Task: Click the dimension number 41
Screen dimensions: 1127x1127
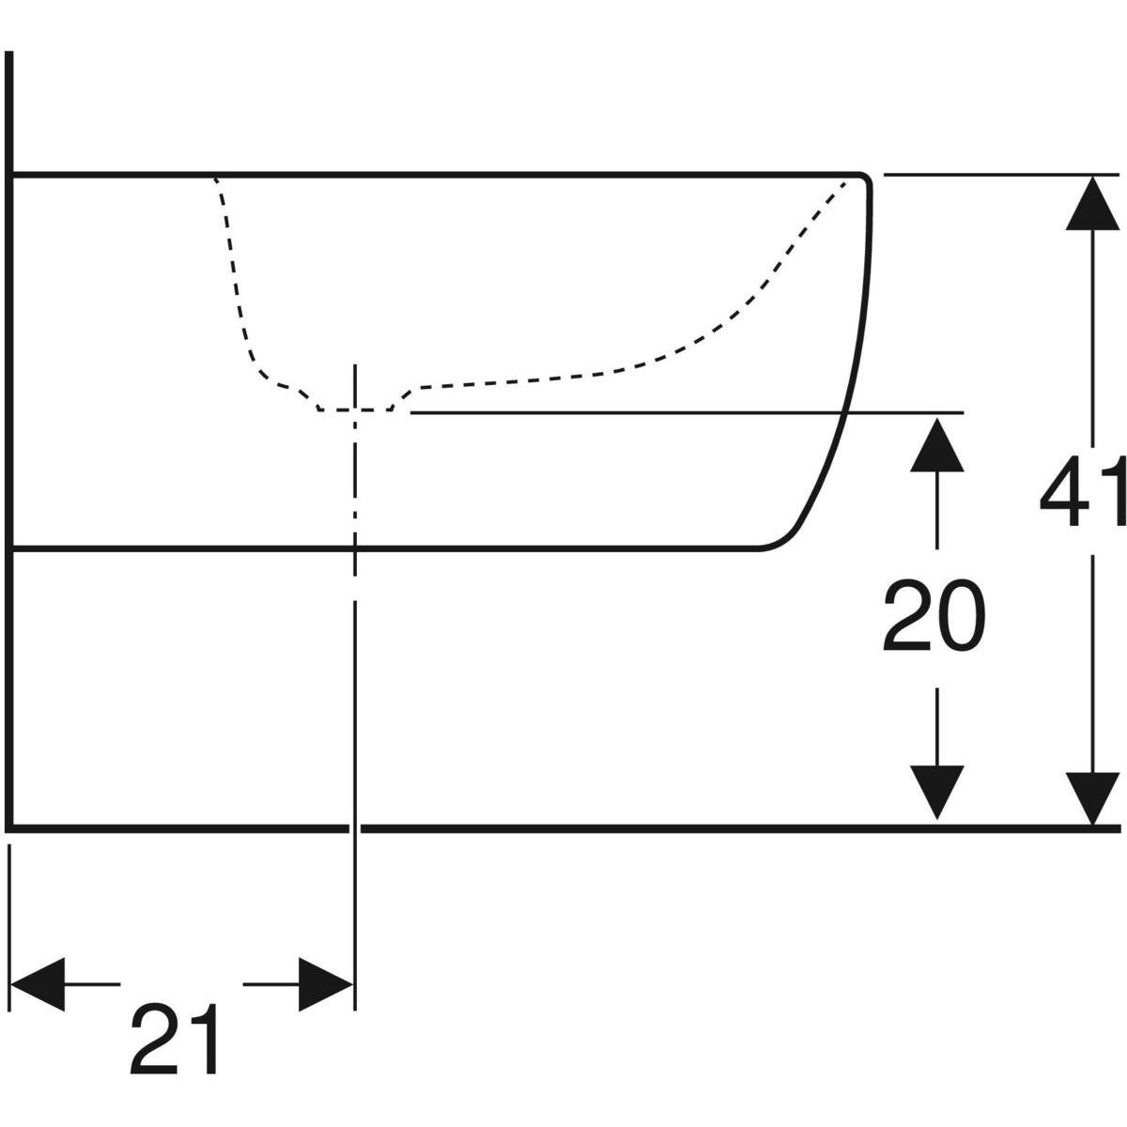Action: [x=1082, y=491]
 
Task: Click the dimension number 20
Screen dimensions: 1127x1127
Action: [x=934, y=616]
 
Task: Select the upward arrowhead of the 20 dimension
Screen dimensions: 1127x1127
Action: [x=937, y=444]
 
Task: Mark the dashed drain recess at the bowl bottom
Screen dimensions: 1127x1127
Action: [x=356, y=409]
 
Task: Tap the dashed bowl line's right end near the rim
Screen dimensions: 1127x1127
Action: [x=845, y=183]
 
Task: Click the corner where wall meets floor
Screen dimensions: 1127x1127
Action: [x=9, y=827]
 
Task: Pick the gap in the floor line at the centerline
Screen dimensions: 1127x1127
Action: [x=355, y=827]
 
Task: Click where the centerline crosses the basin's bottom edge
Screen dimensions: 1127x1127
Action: [x=355, y=548]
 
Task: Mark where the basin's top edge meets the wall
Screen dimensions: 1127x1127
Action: [x=10, y=175]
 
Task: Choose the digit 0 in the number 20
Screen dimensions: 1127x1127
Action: [x=962, y=616]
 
